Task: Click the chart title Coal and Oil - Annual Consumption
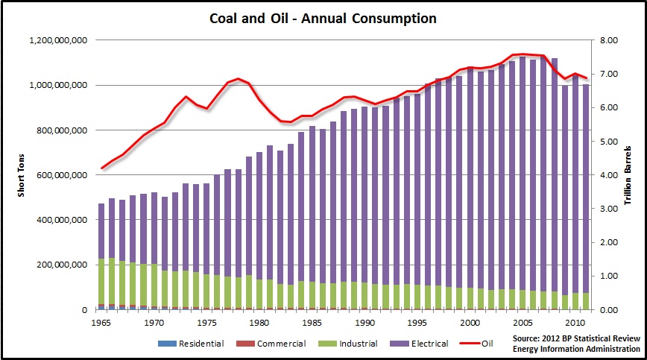tap(323, 16)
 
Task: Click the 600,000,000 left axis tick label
tap(60, 175)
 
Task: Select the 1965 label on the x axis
tap(101, 323)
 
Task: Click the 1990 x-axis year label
tap(364, 323)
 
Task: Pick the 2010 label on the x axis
tap(575, 323)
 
